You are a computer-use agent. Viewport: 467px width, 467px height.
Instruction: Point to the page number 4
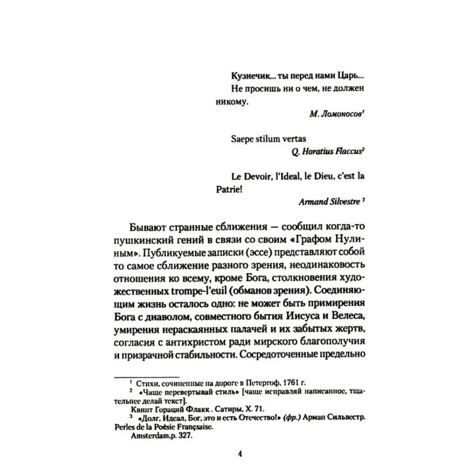tap(233, 453)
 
